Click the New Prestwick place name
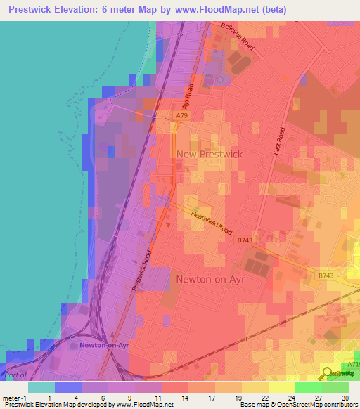(210, 154)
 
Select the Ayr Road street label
(190, 99)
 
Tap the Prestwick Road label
(142, 271)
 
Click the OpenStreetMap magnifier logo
(327, 372)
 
